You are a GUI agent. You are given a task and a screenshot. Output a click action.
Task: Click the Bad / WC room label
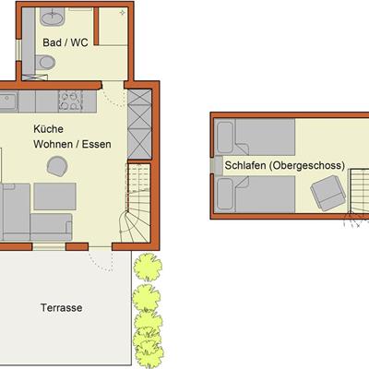pyautogui.click(x=65, y=42)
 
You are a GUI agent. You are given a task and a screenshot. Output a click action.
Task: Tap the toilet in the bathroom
pyautogui.click(x=45, y=63)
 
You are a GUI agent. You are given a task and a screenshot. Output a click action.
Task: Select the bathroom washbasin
pyautogui.click(x=53, y=17)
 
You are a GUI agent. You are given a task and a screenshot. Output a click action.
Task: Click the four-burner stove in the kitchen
pyautogui.click(x=70, y=101)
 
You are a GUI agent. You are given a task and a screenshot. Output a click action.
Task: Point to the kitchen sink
pyautogui.click(x=8, y=101)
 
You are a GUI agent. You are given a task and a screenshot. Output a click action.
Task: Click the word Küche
pyautogui.click(x=48, y=129)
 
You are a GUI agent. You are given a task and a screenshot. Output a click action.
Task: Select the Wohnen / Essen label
pyautogui.click(x=72, y=144)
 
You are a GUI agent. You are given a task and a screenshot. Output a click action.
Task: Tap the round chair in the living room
pyautogui.click(x=57, y=166)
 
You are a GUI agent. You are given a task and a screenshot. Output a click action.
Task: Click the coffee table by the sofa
pyautogui.click(x=55, y=196)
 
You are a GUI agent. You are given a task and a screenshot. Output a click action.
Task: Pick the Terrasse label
pyautogui.click(x=62, y=308)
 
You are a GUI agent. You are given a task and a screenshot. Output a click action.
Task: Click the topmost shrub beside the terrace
pyautogui.click(x=148, y=268)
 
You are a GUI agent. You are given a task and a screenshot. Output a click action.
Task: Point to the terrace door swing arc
pyautogui.click(x=101, y=260)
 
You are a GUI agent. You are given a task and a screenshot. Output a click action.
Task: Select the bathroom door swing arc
pyautogui.click(x=113, y=94)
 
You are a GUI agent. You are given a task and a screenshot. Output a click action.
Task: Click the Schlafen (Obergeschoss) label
pyautogui.click(x=285, y=165)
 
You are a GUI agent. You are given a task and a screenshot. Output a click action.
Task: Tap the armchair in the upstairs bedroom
pyautogui.click(x=327, y=193)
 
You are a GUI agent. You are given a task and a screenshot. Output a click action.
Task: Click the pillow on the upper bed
pyautogui.click(x=225, y=137)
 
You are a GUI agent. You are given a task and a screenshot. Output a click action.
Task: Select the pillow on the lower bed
pyautogui.click(x=225, y=194)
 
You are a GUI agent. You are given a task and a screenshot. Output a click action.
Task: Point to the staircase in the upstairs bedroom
pyautogui.click(x=359, y=191)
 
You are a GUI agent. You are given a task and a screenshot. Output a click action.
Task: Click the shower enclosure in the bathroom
pyautogui.click(x=113, y=26)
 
